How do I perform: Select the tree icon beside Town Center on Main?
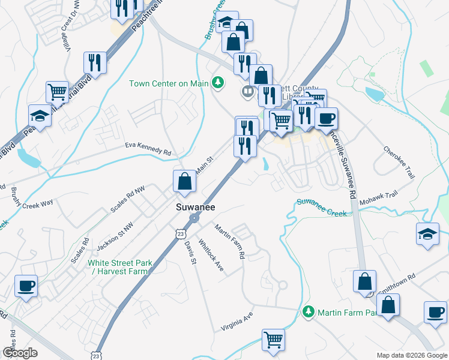pos(218,83)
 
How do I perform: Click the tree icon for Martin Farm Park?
pos(309,311)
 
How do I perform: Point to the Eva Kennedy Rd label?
pos(148,149)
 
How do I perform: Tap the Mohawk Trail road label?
pos(379,199)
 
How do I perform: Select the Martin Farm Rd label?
pos(231,241)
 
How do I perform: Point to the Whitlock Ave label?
pos(211,256)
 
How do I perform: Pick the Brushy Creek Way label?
pos(32,198)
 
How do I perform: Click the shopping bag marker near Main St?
pos(185,181)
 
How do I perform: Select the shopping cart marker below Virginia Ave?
pos(273,340)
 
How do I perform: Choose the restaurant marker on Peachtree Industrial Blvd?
pos(95,62)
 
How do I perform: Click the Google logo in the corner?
pos(19,353)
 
